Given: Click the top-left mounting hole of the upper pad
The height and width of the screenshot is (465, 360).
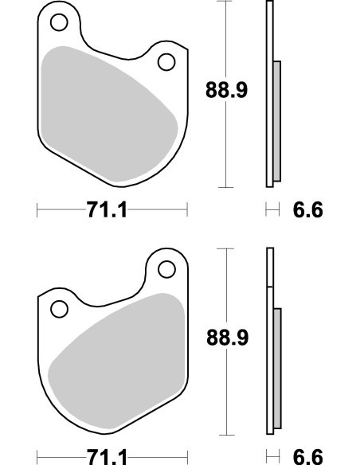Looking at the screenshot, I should [59, 23].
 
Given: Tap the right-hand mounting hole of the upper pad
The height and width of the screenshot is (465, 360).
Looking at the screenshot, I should [166, 62].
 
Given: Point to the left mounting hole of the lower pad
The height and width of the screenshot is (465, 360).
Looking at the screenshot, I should [59, 307].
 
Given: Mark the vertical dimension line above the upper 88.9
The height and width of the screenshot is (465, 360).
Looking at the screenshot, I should [229, 40].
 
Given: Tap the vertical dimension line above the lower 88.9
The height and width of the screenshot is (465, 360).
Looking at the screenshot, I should [229, 287].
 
